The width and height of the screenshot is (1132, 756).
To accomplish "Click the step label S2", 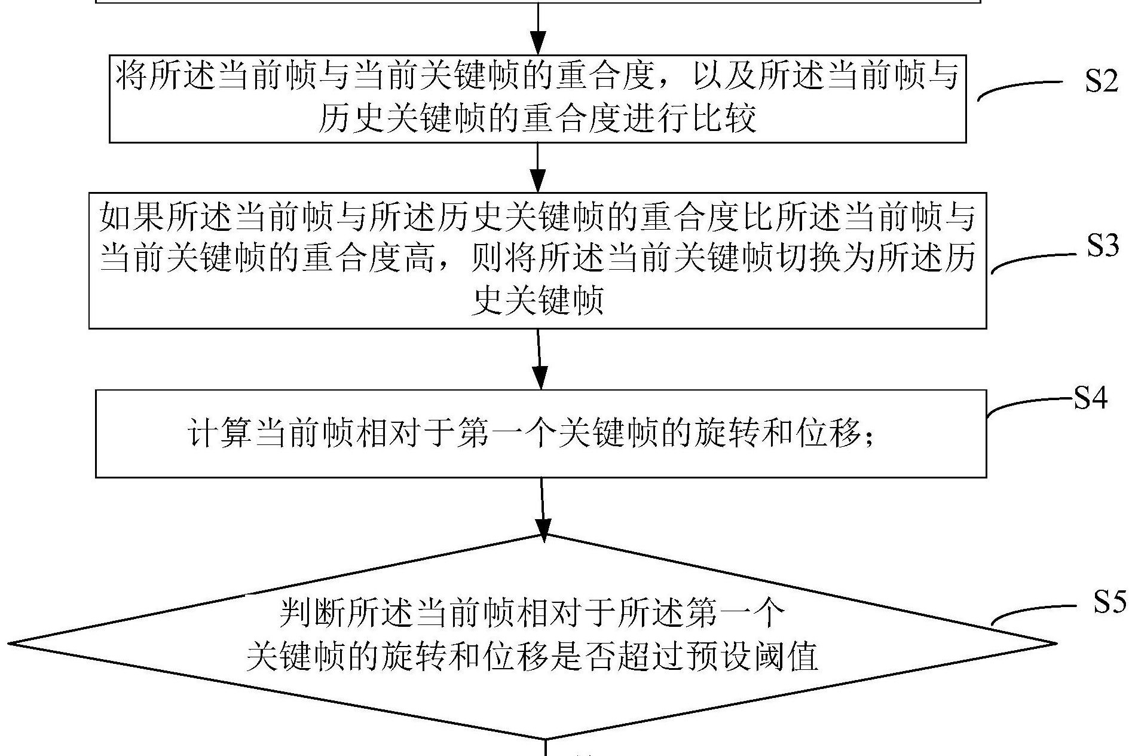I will pos(1102,81).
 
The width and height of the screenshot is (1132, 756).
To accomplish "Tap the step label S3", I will pos(1103,245).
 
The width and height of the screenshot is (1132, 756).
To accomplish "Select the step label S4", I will pos(1091,398).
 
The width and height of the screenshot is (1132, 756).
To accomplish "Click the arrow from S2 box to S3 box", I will pos(538,167).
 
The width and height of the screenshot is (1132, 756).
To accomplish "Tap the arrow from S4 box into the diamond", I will pos(543,508).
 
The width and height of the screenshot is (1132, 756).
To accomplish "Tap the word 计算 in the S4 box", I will pos(220,433).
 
